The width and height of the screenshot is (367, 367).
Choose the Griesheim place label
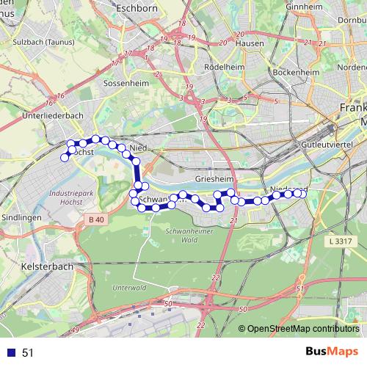click(214, 178)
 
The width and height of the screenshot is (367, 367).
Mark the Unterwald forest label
click(129, 287)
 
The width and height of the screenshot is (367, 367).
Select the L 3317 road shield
click(342, 240)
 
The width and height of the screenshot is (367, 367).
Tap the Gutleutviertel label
click(327, 146)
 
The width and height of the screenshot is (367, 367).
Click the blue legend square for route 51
click(11, 352)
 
